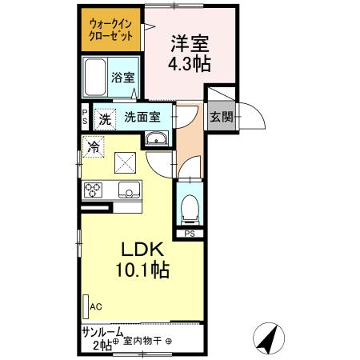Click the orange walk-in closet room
(x=112, y=30)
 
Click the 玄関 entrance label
(x=222, y=117)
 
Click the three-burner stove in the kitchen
(x=93, y=190)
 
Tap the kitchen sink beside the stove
(x=128, y=190)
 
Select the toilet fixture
(x=190, y=209)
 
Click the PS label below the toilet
(x=190, y=234)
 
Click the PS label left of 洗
(x=85, y=117)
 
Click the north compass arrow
(x=270, y=338)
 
